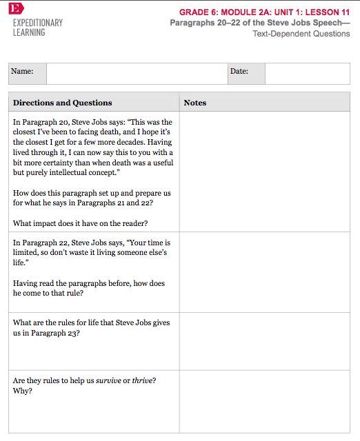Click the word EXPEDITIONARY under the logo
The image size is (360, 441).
(38, 23)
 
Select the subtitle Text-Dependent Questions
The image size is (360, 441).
(301, 34)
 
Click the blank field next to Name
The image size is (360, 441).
(137, 73)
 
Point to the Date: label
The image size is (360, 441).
(239, 71)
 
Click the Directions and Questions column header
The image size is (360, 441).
(62, 103)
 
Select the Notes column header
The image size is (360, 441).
(195, 103)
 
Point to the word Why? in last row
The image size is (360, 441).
(23, 391)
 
